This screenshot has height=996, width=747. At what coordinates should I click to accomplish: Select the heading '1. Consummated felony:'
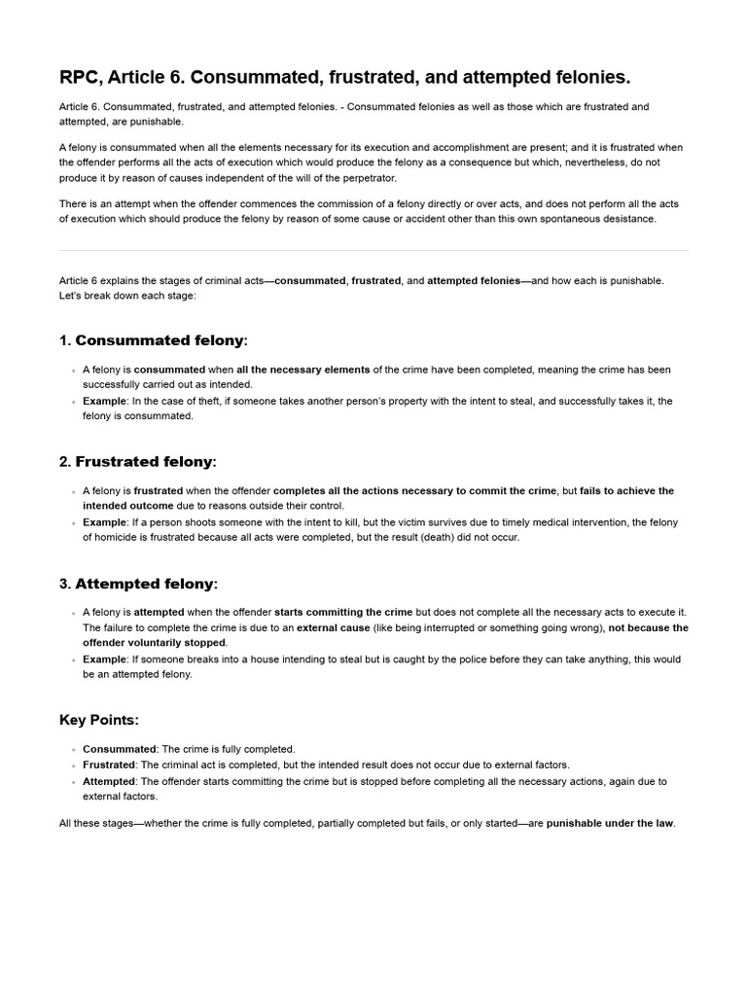pos(154,340)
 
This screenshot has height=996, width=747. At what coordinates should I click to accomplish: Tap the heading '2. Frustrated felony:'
pos(138,462)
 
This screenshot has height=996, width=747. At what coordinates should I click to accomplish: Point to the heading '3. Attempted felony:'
pos(138,584)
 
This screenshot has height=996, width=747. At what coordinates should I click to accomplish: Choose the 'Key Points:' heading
pos(99,720)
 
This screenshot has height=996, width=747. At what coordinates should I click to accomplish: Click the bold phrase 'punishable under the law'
pos(610,824)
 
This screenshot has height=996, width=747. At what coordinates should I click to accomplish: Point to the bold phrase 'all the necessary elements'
pos(302,370)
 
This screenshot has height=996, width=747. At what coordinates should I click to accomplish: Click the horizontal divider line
pos(373,250)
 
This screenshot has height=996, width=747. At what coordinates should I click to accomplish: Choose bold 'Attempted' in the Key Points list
pos(109,781)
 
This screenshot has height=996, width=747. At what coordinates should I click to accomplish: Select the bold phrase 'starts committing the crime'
pos(343,612)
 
